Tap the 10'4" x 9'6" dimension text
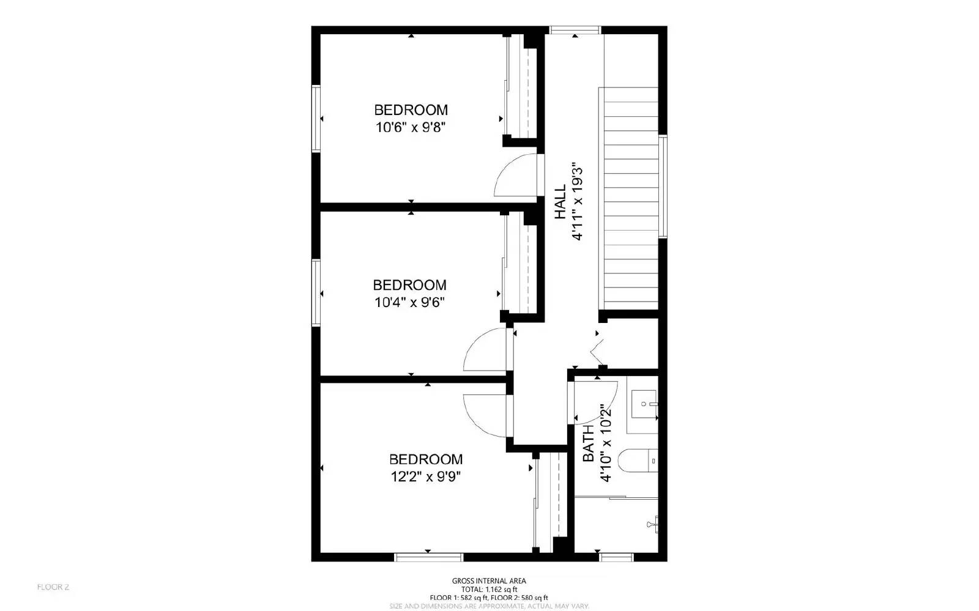point(409,302)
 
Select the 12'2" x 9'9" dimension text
point(426,476)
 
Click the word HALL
point(560,202)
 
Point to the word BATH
point(588,444)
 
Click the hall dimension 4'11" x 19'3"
point(576,202)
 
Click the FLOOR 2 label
point(53,587)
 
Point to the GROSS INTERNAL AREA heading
point(489,581)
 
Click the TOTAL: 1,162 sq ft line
point(489,590)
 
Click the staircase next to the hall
point(631,199)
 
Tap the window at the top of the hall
point(575,30)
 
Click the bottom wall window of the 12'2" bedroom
point(428,557)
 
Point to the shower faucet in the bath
point(653,523)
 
